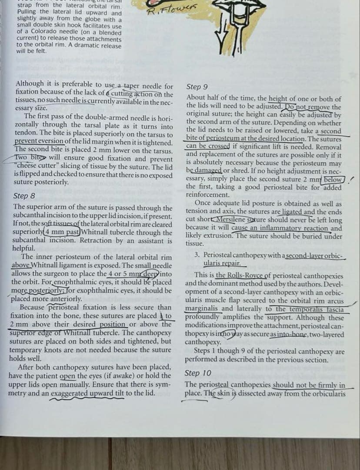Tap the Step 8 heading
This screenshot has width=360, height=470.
(x=25, y=196)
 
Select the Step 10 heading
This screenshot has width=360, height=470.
(x=198, y=373)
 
